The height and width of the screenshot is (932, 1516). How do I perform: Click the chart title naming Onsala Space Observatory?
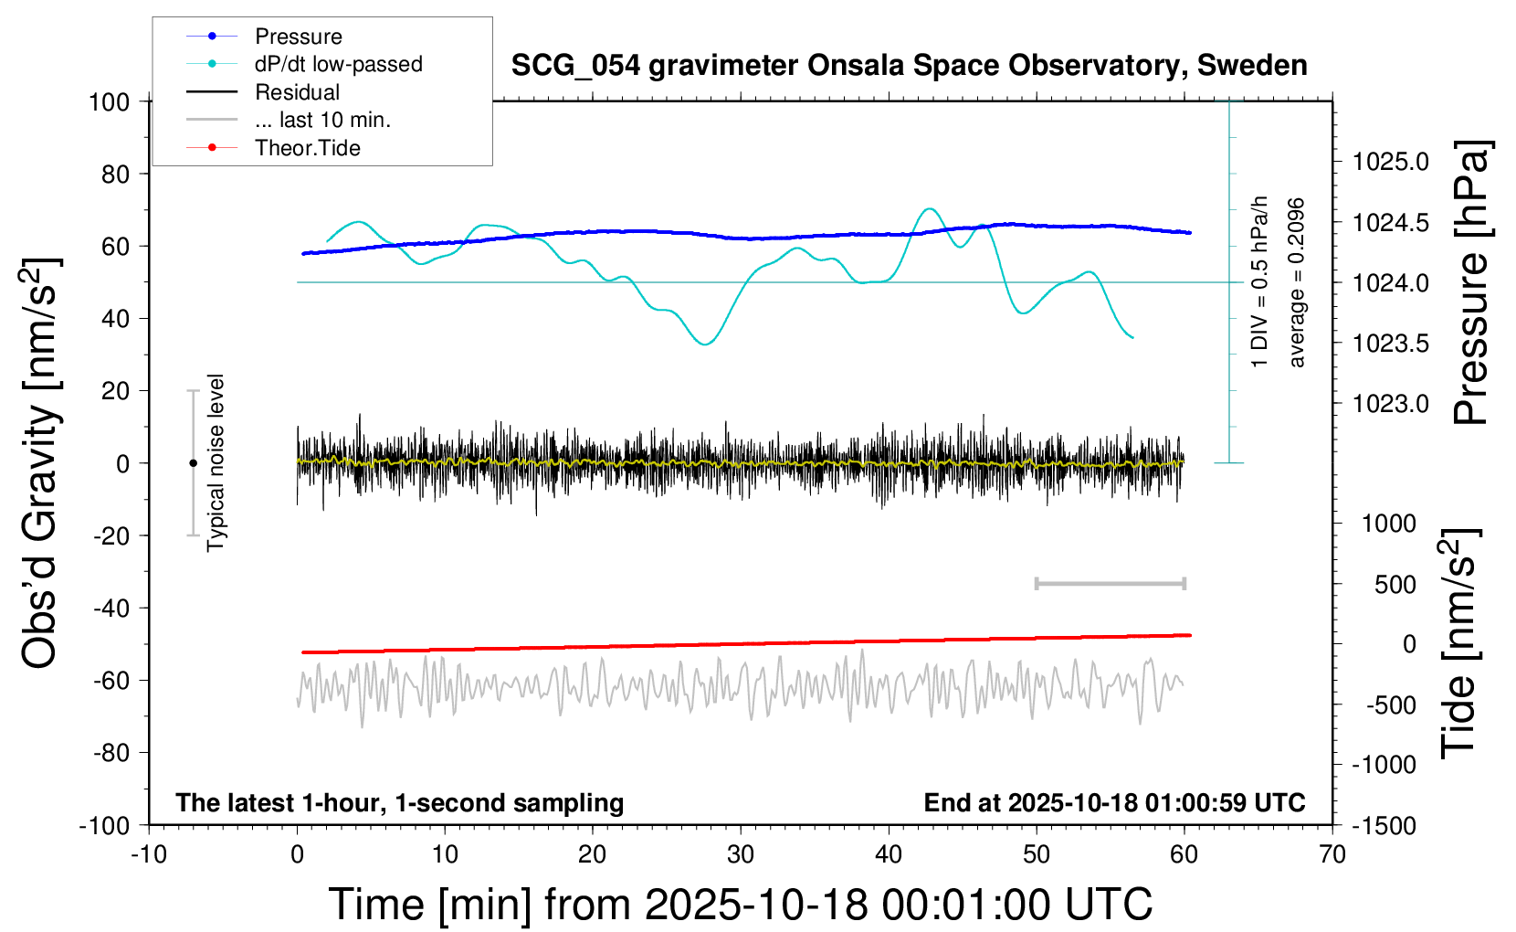[909, 66]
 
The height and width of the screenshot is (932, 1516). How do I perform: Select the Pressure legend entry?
[298, 37]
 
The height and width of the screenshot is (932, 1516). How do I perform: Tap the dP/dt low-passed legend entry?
[338, 64]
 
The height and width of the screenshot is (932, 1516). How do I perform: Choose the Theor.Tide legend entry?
[307, 148]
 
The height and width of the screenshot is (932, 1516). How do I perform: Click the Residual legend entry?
[297, 92]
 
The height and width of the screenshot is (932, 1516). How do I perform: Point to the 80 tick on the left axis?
[115, 174]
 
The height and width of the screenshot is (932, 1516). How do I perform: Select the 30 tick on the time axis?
[740, 854]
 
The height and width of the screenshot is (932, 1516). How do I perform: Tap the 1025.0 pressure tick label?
[1391, 162]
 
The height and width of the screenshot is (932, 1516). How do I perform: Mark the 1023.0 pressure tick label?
[1391, 404]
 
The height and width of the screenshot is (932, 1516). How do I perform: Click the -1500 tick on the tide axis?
[1384, 826]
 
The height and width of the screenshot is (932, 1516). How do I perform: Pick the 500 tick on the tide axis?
[1395, 584]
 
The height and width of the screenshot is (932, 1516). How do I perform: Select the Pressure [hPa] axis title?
[1471, 282]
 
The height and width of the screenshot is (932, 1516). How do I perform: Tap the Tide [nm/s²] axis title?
[1460, 643]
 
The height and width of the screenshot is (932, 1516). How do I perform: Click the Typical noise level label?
[216, 463]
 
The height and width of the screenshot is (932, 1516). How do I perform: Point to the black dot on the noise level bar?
[193, 463]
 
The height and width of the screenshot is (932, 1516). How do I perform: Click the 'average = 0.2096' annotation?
[1296, 282]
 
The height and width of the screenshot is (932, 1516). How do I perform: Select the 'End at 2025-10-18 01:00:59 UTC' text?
[1114, 802]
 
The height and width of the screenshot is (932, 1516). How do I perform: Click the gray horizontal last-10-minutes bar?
[1110, 584]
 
